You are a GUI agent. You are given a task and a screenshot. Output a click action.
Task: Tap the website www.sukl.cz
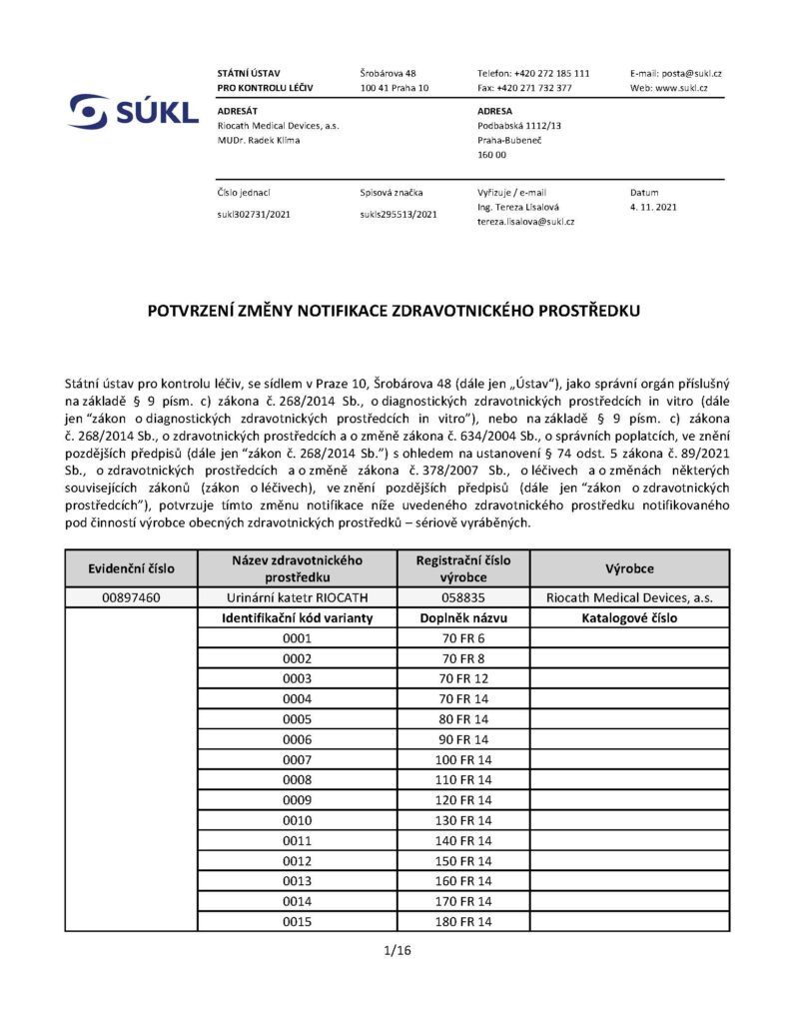click(x=682, y=88)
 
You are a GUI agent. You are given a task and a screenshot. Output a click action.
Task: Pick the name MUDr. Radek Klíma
click(x=258, y=140)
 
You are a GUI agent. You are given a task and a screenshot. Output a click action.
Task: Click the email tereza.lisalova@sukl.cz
click(x=525, y=221)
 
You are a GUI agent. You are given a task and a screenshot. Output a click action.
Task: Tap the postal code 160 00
click(x=492, y=155)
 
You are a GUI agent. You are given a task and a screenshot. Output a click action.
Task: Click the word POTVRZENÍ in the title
click(x=198, y=311)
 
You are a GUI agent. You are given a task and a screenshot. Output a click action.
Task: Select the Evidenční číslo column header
click(x=132, y=568)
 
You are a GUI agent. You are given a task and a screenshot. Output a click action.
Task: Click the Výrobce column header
click(x=629, y=568)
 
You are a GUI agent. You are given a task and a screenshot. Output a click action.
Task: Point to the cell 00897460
click(x=132, y=598)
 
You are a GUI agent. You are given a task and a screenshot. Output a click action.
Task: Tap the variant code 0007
click(x=298, y=760)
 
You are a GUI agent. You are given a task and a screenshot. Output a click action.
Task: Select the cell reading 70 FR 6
click(x=462, y=638)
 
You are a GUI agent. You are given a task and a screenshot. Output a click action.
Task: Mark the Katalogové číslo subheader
click(x=629, y=618)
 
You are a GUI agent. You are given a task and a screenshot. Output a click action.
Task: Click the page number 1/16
click(x=397, y=950)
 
